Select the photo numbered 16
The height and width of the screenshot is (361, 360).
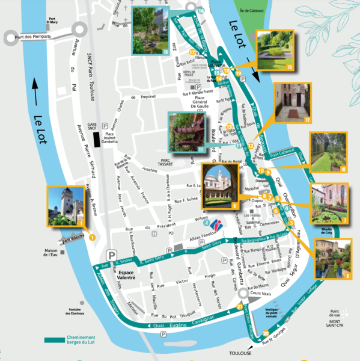(x=150, y=30)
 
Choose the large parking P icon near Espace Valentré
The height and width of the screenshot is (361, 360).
(x=111, y=255)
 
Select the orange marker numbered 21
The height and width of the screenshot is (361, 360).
(x=239, y=307)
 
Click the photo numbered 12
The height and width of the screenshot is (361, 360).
(x=291, y=103)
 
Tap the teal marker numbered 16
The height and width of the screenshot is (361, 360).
(x=200, y=11)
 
